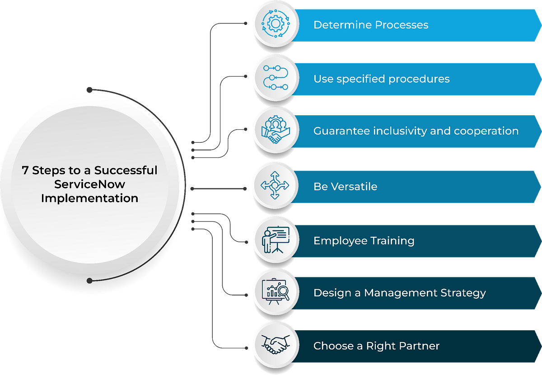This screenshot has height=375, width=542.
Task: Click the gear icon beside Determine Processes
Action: [275, 24]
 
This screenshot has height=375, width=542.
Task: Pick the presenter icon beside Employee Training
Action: [275, 240]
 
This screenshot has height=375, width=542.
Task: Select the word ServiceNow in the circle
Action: [89, 184]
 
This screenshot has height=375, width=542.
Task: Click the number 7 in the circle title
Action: [25, 170]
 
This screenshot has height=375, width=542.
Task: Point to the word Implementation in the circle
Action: [89, 198]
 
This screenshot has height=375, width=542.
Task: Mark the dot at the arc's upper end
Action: [89, 89]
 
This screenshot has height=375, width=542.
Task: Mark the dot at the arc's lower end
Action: [89, 281]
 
